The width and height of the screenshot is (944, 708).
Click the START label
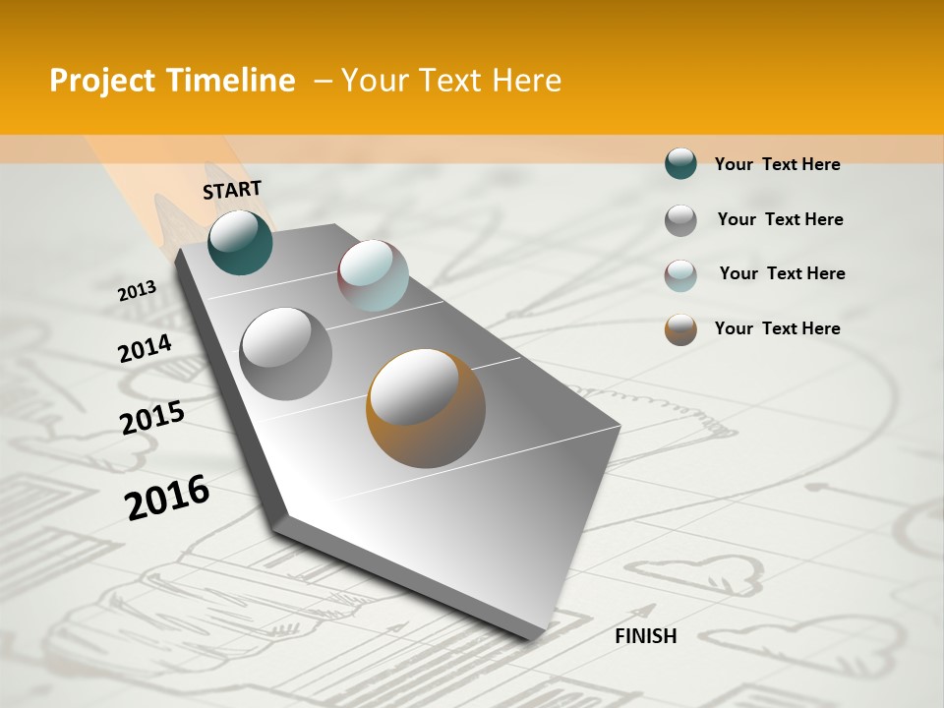tap(232, 190)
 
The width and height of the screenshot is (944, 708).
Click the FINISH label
tap(645, 636)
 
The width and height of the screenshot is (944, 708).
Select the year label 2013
tap(137, 291)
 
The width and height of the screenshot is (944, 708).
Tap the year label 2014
tap(145, 349)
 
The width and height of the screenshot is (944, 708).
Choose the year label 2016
tap(167, 497)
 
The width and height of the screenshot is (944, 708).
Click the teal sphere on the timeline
tap(240, 242)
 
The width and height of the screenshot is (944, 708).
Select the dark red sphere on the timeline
tap(373, 275)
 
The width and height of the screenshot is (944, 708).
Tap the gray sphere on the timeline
tap(286, 353)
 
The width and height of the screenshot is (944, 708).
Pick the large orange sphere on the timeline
tap(426, 407)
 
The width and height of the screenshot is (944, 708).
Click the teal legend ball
tap(680, 163)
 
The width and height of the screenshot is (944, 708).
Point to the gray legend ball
tap(680, 219)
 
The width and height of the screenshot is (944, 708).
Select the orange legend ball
tap(680, 328)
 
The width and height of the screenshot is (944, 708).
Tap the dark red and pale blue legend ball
tap(680, 274)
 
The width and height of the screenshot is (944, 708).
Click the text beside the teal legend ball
tap(777, 164)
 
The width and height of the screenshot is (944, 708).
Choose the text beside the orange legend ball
tap(777, 328)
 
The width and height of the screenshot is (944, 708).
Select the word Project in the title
tap(102, 82)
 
